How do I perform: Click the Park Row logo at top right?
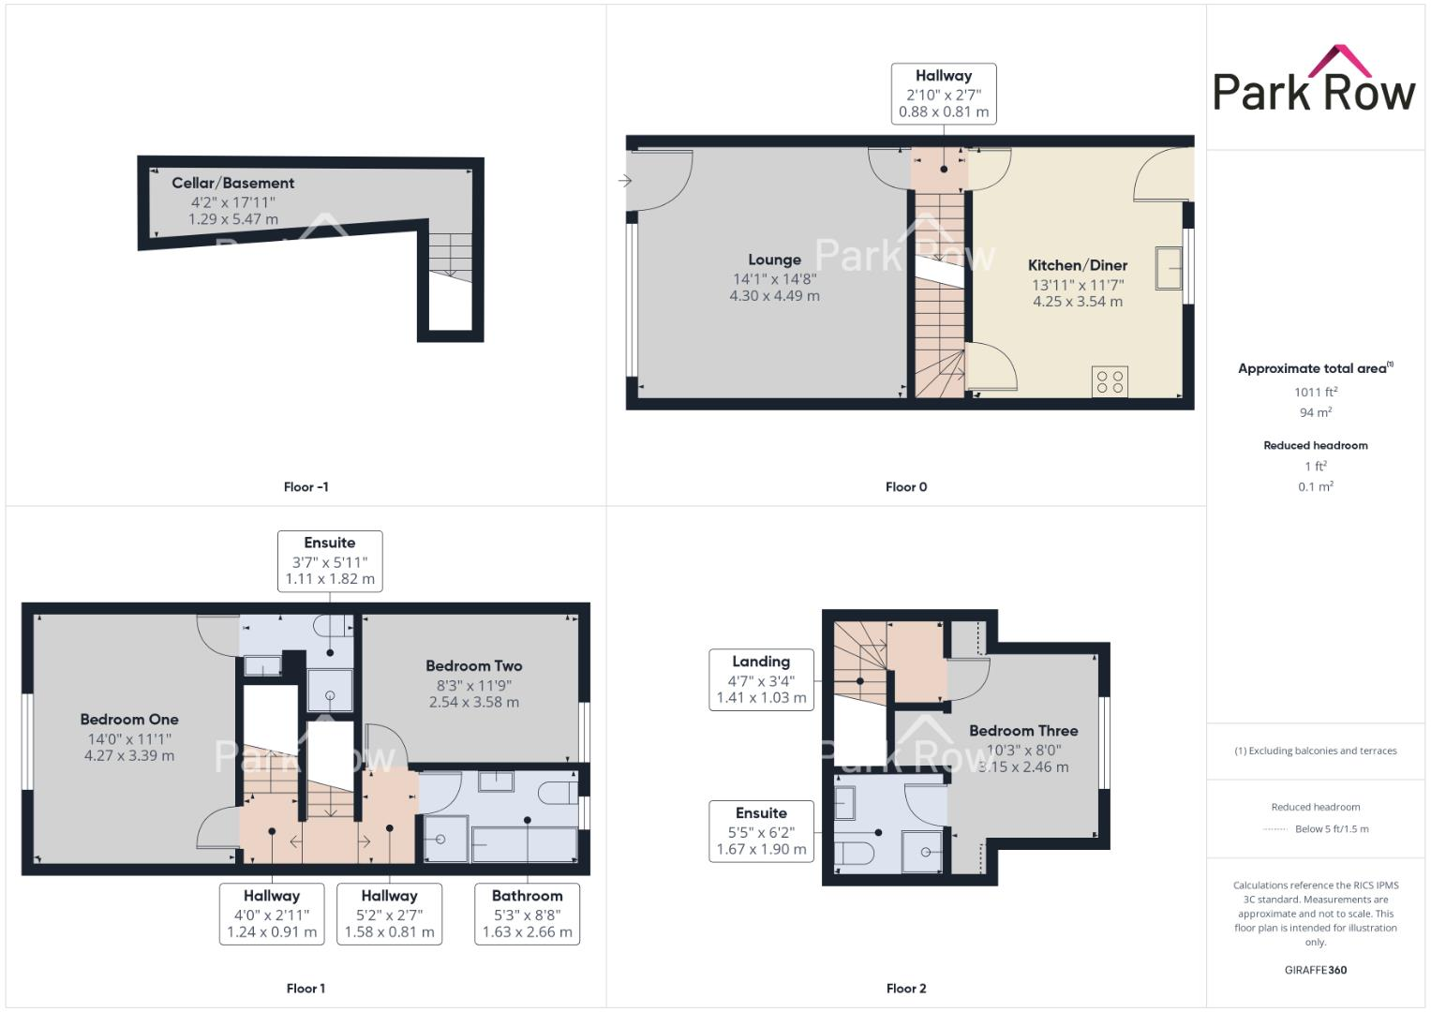coord(1314,82)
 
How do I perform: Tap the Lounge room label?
coord(774,260)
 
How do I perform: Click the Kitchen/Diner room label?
coord(1078,265)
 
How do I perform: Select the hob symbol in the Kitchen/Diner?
coord(1110,381)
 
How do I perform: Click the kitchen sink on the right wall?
coord(1169,267)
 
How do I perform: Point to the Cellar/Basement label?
coord(232,183)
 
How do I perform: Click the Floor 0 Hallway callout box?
coord(944,93)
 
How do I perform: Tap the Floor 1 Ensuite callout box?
coord(330,560)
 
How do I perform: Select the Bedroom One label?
coord(129,719)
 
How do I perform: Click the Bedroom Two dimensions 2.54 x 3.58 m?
coord(474,702)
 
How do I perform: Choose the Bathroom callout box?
coord(528,914)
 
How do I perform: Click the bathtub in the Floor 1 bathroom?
coord(525,842)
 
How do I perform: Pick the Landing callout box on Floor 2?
coord(761,679)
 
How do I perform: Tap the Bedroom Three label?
coord(1023,730)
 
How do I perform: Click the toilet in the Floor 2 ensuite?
coord(854,853)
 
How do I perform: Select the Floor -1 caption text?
coord(306,486)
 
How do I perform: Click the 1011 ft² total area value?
coord(1316,392)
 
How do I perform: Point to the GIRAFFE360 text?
coord(1316,970)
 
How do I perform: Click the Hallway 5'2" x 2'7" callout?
coord(389,914)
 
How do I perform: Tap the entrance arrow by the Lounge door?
coord(625,181)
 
